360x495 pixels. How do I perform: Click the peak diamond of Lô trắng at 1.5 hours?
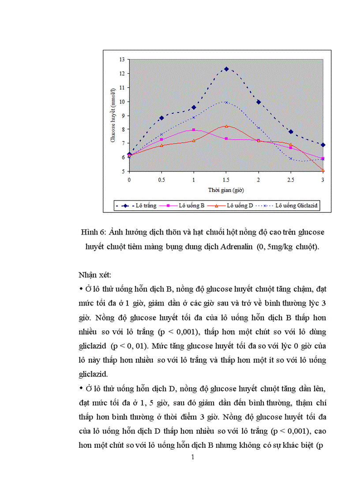click(226, 69)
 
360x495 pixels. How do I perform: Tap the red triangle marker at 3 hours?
click(323, 170)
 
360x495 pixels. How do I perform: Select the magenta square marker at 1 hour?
click(194, 130)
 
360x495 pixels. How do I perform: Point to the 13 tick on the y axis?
click(122, 59)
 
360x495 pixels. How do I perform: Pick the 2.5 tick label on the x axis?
click(290, 180)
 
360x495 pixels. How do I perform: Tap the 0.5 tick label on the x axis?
click(161, 180)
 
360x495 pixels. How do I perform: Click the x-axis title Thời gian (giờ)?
click(226, 190)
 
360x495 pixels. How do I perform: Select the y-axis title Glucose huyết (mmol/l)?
click(113, 115)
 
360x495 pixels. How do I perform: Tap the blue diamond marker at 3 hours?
click(323, 145)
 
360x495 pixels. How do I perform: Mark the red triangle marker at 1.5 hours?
click(226, 126)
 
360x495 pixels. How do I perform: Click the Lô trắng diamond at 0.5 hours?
click(161, 118)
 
